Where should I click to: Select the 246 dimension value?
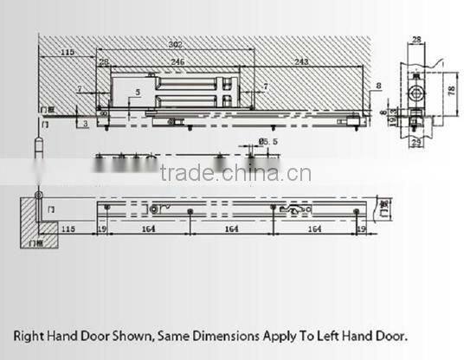pyautogui.click(x=177, y=62)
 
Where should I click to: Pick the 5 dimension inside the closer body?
pyautogui.click(x=137, y=92)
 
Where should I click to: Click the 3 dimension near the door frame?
pyautogui.click(x=85, y=125)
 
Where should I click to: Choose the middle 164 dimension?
pyautogui.click(x=230, y=230)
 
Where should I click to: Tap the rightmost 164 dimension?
pyautogui.click(x=315, y=230)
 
